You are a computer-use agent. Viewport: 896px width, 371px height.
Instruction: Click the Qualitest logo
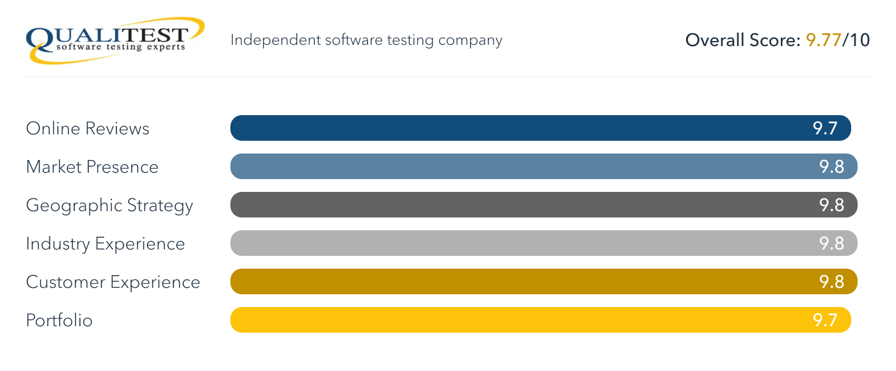pyautogui.click(x=115, y=39)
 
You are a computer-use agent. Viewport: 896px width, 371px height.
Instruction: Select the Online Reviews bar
pyautogui.click(x=512, y=128)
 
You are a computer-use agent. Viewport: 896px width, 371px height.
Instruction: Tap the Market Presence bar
pyautogui.click(x=512, y=166)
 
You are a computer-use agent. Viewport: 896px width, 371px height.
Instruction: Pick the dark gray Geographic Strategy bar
pyautogui.click(x=512, y=205)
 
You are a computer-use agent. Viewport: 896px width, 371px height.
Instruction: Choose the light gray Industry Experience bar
pyautogui.click(x=512, y=243)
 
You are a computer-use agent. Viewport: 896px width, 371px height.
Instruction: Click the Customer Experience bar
pyautogui.click(x=512, y=281)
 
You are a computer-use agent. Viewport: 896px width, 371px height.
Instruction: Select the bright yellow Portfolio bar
pyautogui.click(x=512, y=320)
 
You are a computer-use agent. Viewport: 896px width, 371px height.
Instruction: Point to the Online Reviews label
pyautogui.click(x=88, y=129)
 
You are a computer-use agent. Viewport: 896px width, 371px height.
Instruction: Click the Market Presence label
pyautogui.click(x=92, y=167)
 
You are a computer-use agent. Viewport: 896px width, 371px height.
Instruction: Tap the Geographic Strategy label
pyautogui.click(x=109, y=206)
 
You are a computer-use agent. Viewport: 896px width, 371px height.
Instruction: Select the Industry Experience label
pyautogui.click(x=106, y=244)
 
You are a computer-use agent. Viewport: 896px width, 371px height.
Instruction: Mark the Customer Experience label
pyautogui.click(x=113, y=282)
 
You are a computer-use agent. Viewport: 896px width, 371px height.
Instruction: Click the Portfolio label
pyautogui.click(x=60, y=320)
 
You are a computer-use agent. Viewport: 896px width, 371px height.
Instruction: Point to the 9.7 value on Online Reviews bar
pyautogui.click(x=825, y=129)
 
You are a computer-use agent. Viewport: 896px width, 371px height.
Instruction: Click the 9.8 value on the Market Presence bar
pyautogui.click(x=831, y=167)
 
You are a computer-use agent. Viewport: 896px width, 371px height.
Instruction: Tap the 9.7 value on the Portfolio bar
pyautogui.click(x=825, y=320)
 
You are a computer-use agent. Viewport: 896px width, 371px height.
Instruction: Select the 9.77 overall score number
pyautogui.click(x=824, y=40)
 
